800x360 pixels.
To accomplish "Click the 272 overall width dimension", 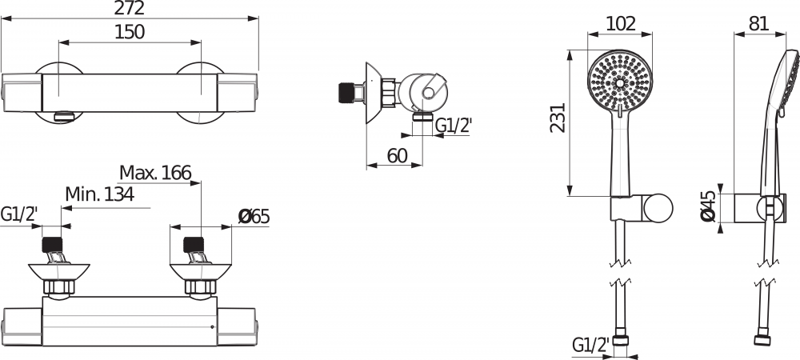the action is (129, 9).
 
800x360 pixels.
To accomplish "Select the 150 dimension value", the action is (130, 31).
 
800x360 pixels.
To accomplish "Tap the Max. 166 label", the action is (155, 172).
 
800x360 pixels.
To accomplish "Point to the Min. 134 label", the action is (99, 194).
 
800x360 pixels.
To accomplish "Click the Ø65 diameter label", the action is (254, 216).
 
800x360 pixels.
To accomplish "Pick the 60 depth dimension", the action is (398, 155).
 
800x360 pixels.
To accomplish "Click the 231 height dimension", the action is (558, 118).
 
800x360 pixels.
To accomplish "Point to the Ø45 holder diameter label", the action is (707, 207).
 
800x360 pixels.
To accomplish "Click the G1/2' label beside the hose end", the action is (590, 345).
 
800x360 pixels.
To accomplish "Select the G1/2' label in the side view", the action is (452, 125).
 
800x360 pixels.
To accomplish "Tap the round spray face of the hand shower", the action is (620, 82).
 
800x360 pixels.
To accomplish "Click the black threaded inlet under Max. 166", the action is (194, 243).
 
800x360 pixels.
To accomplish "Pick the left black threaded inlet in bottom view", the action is (53, 243).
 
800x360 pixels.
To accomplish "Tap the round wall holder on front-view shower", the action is (659, 209).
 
